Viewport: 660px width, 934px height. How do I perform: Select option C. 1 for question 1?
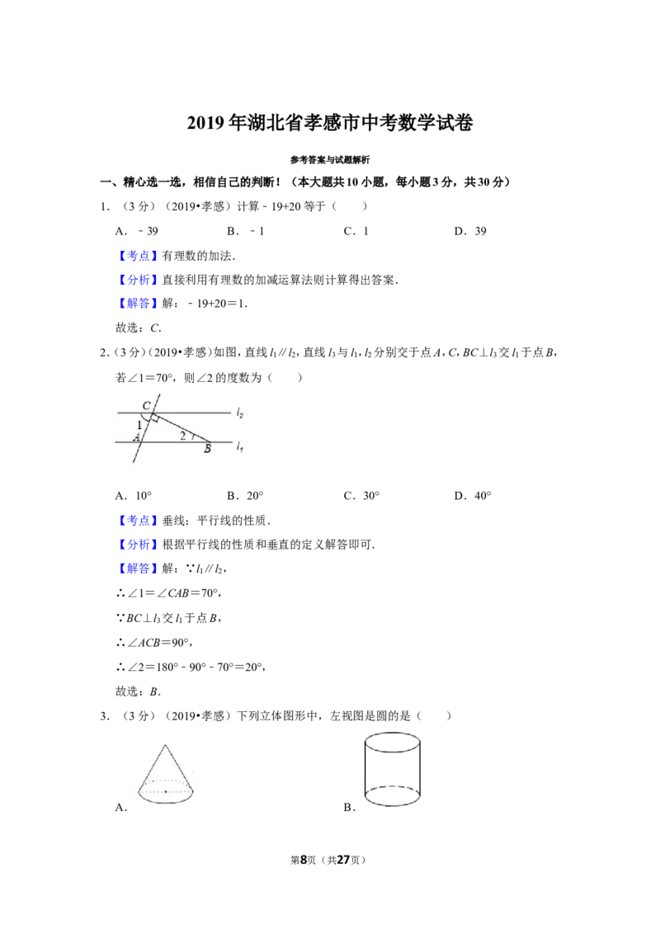(356, 231)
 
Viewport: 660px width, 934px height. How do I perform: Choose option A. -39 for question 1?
(136, 231)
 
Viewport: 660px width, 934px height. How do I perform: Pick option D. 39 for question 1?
(470, 231)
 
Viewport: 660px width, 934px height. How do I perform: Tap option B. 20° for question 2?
(245, 496)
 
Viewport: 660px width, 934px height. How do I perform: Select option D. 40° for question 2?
(473, 496)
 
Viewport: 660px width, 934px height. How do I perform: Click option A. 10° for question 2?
(134, 496)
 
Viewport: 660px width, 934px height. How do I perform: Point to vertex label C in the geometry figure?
(147, 406)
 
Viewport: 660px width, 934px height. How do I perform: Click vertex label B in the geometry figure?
(207, 449)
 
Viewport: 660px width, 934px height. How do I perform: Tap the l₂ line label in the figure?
(240, 413)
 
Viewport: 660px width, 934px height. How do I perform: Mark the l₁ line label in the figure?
(239, 446)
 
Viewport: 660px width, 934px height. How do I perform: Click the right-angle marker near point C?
(154, 418)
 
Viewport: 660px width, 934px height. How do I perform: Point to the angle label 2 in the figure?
(183, 436)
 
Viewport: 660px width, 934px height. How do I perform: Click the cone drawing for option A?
(166, 774)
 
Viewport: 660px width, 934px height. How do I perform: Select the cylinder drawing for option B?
(392, 770)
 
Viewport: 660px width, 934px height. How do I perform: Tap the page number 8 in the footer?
(304, 860)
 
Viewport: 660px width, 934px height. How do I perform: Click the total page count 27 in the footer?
(343, 860)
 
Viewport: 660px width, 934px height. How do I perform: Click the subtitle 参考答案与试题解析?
(330, 159)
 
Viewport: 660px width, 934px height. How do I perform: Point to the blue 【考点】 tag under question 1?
(139, 256)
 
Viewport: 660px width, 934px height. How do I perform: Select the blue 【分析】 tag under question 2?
(139, 545)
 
